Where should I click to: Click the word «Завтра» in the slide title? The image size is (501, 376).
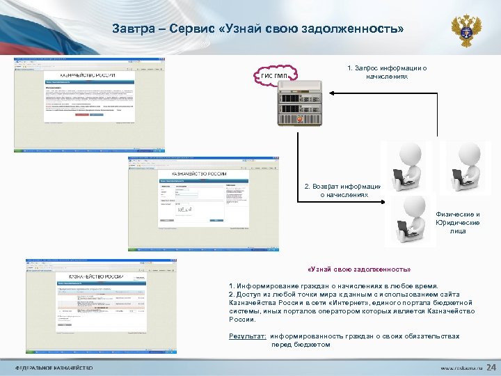[x=133, y=29]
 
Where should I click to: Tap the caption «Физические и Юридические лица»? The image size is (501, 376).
[x=457, y=222]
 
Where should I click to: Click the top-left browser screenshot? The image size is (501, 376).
[x=90, y=104]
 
